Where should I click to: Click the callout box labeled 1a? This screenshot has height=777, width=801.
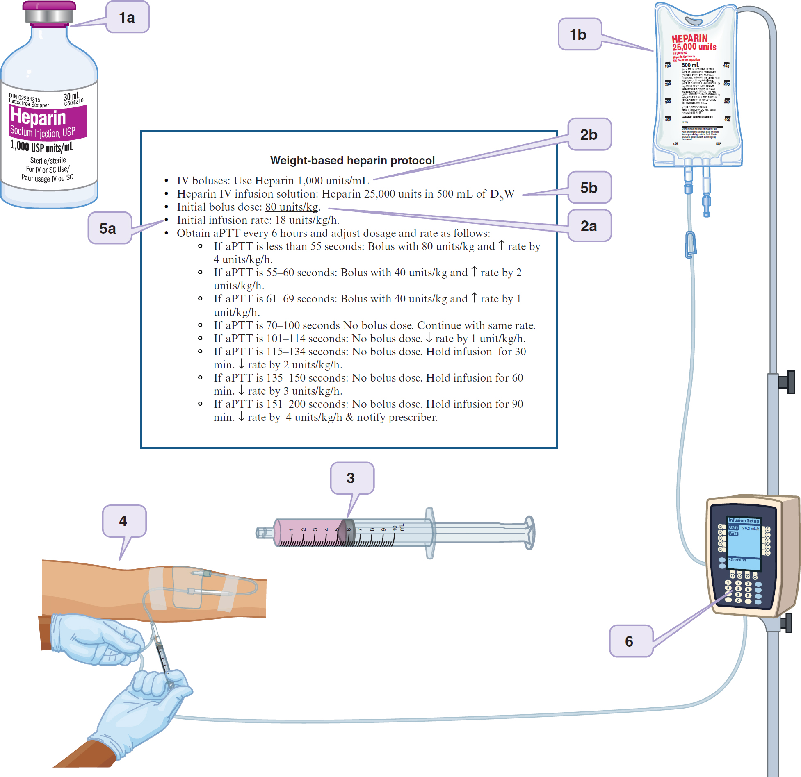(127, 17)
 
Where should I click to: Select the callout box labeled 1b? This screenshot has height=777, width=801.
(579, 34)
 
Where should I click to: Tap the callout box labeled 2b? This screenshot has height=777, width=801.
(589, 134)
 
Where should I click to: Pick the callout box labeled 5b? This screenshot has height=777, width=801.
(589, 188)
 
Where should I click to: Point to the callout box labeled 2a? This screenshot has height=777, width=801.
(589, 226)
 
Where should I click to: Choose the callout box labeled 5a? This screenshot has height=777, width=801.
(109, 228)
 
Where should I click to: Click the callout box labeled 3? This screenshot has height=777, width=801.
(351, 478)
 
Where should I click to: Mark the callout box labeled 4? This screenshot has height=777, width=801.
(123, 521)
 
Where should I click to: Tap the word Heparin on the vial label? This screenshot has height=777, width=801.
(38, 117)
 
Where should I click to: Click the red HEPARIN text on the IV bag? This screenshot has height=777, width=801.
(690, 39)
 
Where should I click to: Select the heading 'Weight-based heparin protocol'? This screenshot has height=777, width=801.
(352, 160)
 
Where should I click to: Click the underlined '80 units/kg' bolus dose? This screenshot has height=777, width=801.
(292, 207)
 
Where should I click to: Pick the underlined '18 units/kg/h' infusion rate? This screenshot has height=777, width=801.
(306, 220)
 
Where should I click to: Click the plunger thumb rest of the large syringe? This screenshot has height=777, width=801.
(530, 533)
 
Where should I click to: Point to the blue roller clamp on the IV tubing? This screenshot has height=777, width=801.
(691, 245)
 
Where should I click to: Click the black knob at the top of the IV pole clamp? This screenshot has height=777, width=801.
(787, 382)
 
